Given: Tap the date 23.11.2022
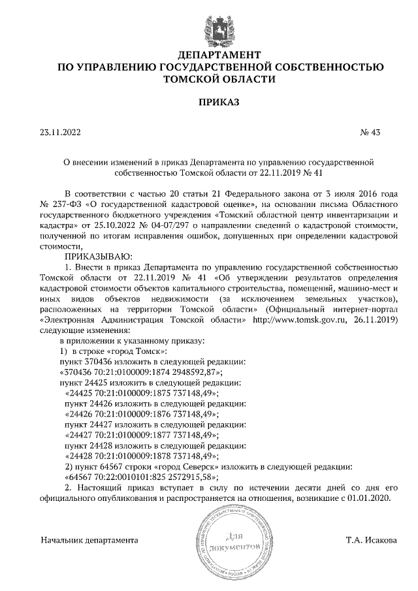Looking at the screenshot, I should (59, 133).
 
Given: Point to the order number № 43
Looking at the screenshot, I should (370, 133).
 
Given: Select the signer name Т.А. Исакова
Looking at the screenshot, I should (371, 541).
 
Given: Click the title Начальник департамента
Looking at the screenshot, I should (89, 541).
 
